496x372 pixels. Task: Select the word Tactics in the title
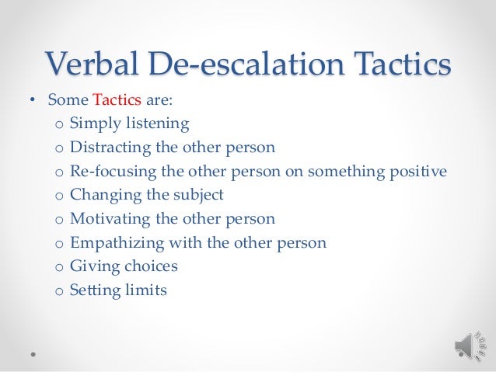395,63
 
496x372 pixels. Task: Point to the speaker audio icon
465,342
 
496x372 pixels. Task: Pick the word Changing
100,195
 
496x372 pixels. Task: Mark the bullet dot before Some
33,100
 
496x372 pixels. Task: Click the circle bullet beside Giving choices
58,267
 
